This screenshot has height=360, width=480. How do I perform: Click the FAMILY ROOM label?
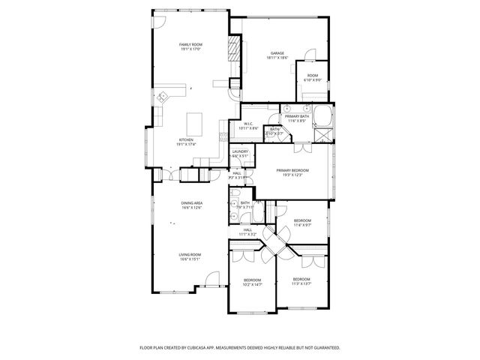coord(191,45)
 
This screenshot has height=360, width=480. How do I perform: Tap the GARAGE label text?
coord(277,53)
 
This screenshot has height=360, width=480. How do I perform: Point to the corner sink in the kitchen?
coord(163,95)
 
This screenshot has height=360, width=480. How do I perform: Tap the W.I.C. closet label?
coord(249,124)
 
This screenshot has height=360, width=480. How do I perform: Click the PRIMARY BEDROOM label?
coord(292,170)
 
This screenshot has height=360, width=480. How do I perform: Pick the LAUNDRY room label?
coord(240,152)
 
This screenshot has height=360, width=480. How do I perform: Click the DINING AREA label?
coord(191,203)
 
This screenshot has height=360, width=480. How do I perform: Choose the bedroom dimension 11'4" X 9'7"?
coord(303,224)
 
